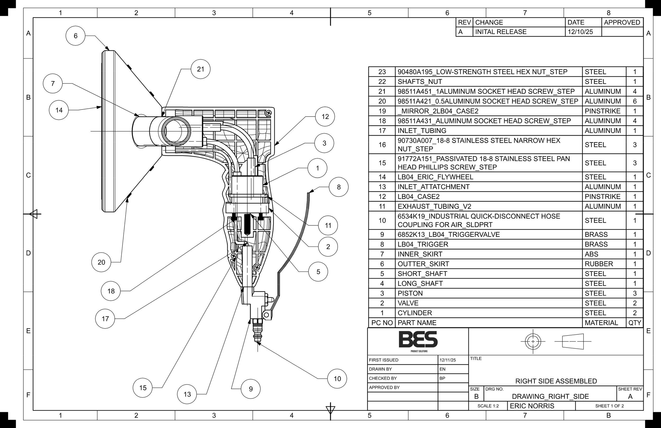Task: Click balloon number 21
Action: click(200, 69)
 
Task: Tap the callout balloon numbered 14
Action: click(59, 110)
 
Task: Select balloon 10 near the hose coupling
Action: click(337, 379)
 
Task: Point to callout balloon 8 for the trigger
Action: click(338, 187)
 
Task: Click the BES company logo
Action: click(418, 340)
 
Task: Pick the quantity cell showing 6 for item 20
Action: click(635, 101)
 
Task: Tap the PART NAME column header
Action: click(417, 323)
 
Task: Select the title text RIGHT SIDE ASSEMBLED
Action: click(556, 381)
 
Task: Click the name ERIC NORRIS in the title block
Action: click(532, 406)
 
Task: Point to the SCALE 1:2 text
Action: click(488, 406)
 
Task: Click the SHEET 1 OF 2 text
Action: click(609, 406)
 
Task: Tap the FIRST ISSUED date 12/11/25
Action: click(447, 360)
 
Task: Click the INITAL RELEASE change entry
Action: click(501, 32)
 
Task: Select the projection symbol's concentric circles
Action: click(533, 341)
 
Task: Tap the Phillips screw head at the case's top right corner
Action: click(268, 113)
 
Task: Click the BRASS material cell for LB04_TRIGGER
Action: click(596, 244)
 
